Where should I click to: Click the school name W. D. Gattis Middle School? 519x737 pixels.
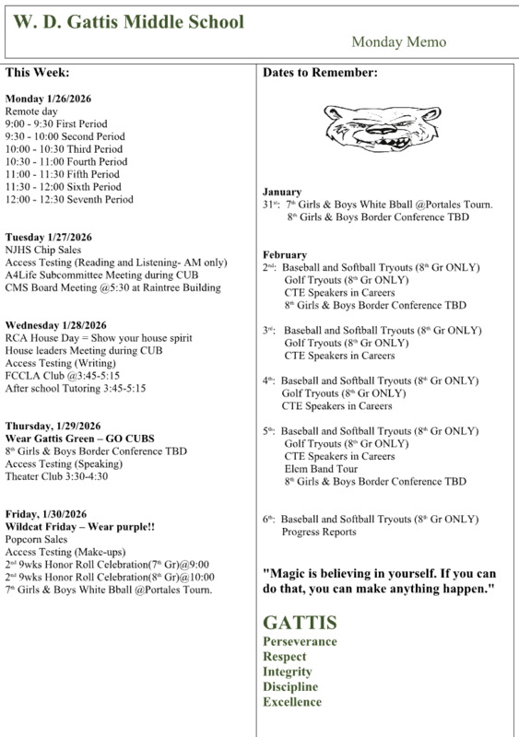(x=129, y=22)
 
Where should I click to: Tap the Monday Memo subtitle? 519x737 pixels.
(x=398, y=42)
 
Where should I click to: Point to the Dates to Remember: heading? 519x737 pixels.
(x=320, y=72)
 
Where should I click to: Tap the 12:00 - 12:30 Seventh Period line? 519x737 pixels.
(x=69, y=199)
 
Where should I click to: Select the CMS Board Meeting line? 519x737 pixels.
(x=112, y=287)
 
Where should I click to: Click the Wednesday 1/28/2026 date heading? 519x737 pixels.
(x=56, y=325)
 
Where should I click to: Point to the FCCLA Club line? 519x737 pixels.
(x=63, y=376)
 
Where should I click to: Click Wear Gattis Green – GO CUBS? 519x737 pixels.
(x=80, y=438)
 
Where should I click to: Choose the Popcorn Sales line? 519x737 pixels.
(x=36, y=539)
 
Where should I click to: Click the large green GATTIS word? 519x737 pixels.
(x=300, y=622)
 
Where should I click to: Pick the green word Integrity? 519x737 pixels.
(x=288, y=672)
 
